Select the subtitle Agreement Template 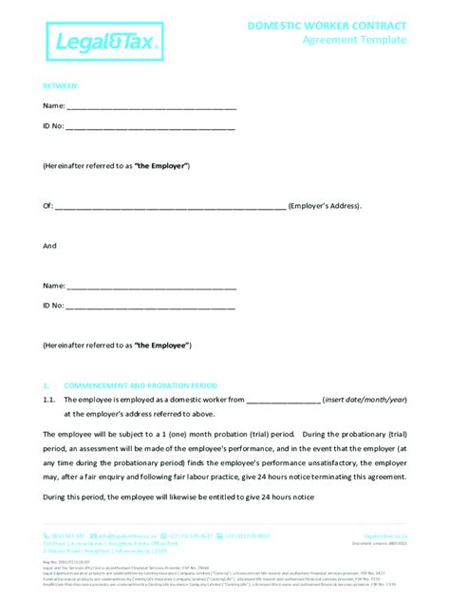click(353, 40)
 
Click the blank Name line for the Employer click(151, 107)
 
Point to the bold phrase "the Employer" click(161, 166)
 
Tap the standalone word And click(49, 246)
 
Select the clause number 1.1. click(51, 401)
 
